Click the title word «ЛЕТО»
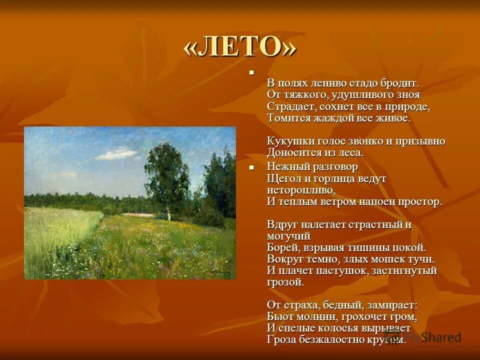coord(240,48)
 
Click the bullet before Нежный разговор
coord(252,167)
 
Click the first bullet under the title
coord(252,73)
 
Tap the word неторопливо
coord(300,190)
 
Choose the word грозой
coord(285,282)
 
